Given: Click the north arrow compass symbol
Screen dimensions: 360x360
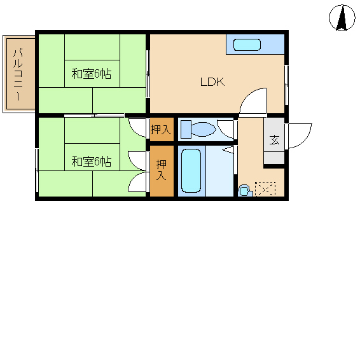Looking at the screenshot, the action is [x=342, y=18].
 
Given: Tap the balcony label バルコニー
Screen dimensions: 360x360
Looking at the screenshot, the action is [x=18, y=74].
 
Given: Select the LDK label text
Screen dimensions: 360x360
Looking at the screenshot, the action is [x=212, y=82].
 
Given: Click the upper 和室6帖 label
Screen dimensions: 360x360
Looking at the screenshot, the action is [x=92, y=74].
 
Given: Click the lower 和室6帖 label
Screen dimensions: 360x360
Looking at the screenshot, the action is [x=92, y=162].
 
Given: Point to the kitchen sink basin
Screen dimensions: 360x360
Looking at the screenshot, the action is [x=247, y=45].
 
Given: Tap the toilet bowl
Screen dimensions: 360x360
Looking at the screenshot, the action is [x=203, y=129].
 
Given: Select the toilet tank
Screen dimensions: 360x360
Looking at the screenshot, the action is [x=186, y=130].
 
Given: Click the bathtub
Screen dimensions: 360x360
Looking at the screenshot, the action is [x=191, y=171].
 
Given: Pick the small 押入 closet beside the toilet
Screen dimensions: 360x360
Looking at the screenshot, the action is [x=162, y=130].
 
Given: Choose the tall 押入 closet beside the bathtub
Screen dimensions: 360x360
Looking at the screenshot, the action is [x=162, y=171].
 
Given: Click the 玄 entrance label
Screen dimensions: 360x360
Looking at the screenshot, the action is [x=274, y=140].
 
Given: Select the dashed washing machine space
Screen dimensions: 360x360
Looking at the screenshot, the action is [x=265, y=189].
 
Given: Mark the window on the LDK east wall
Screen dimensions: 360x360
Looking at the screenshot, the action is [x=286, y=85].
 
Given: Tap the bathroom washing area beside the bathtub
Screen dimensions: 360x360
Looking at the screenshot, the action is [x=219, y=171].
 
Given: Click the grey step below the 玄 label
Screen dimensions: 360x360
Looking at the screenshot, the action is [x=274, y=158].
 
